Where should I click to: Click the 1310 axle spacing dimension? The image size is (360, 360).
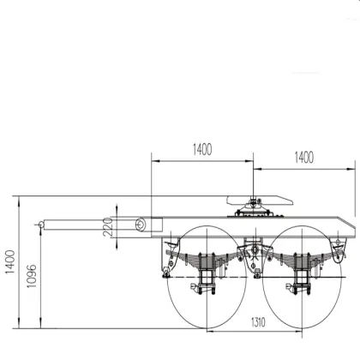(258, 322)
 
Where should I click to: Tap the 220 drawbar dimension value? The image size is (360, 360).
(107, 227)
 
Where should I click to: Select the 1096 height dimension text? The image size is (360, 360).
(32, 276)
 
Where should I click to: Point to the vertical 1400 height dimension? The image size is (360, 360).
(10, 261)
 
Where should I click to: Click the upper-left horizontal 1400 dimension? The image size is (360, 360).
(202, 149)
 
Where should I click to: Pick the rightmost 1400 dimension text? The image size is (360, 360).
(303, 158)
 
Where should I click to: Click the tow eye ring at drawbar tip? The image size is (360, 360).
(41, 225)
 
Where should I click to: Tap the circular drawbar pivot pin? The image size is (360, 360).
(140, 225)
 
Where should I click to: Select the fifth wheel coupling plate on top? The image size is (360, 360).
(260, 201)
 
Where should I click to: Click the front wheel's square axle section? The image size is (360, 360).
(206, 277)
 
